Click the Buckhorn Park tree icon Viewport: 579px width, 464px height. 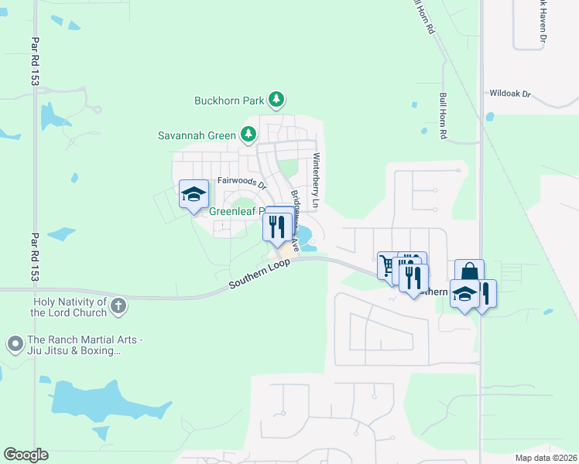coord(276,100)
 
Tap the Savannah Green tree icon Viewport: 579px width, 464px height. coord(248,135)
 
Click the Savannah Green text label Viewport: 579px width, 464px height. coord(197,135)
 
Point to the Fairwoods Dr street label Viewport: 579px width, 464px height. coord(242,183)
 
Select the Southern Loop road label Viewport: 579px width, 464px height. coord(259,275)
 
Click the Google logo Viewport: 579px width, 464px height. coord(26,455)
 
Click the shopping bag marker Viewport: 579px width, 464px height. coord(469,272)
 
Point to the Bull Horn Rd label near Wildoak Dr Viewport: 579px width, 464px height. coord(444,115)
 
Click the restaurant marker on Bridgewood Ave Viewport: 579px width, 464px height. coord(276,227)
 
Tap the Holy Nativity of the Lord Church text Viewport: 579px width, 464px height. coord(68,307)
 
